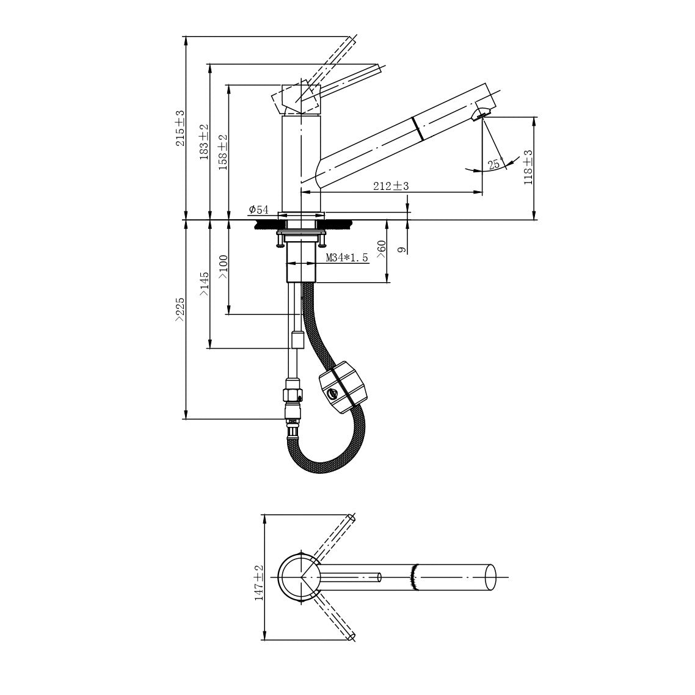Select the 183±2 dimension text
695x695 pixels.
204,142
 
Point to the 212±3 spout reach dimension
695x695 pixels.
390,186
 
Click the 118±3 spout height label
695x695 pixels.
528,167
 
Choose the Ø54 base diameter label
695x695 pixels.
259,209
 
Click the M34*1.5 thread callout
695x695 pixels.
347,258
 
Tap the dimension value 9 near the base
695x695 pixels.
402,250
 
